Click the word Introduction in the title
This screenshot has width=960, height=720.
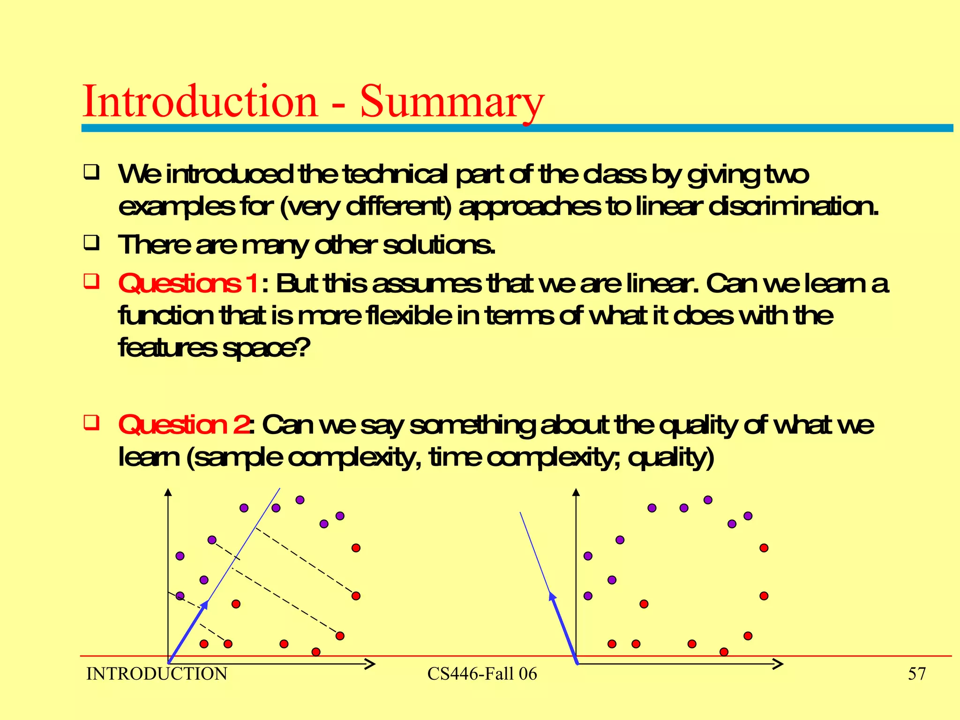coord(200,102)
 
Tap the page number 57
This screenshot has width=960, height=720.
coord(917,674)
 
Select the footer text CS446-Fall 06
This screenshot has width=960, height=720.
coord(482,674)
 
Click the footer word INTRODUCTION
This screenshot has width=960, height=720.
coord(157,674)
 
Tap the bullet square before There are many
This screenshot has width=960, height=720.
coord(91,243)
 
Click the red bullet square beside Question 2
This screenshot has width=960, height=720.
coord(91,422)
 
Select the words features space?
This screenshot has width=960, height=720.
coord(214,348)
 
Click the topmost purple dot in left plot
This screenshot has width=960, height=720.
coord(300,500)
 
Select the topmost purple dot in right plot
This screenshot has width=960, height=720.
coord(708,500)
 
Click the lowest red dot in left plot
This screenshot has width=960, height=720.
coord(316,652)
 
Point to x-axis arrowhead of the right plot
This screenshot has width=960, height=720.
coord(778,664)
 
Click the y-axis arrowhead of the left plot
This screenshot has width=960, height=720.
coord(168,492)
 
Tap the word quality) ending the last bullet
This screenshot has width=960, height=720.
coord(671,457)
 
